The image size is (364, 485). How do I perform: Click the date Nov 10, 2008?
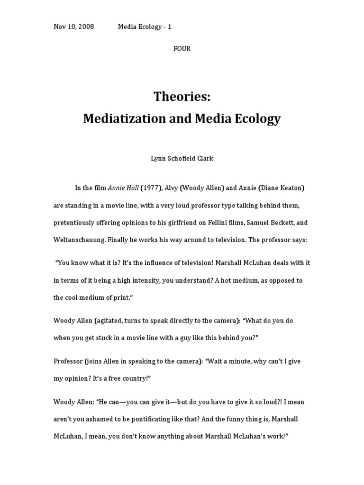point(73,27)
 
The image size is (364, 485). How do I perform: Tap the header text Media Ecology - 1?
point(145,27)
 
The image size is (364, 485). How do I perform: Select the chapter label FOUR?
point(182,49)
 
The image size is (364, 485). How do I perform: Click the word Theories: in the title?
point(182,97)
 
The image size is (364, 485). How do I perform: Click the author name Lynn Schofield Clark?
point(182,159)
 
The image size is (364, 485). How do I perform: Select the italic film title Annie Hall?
point(123,188)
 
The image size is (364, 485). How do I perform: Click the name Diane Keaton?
point(282,188)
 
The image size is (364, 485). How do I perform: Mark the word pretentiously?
point(76,223)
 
